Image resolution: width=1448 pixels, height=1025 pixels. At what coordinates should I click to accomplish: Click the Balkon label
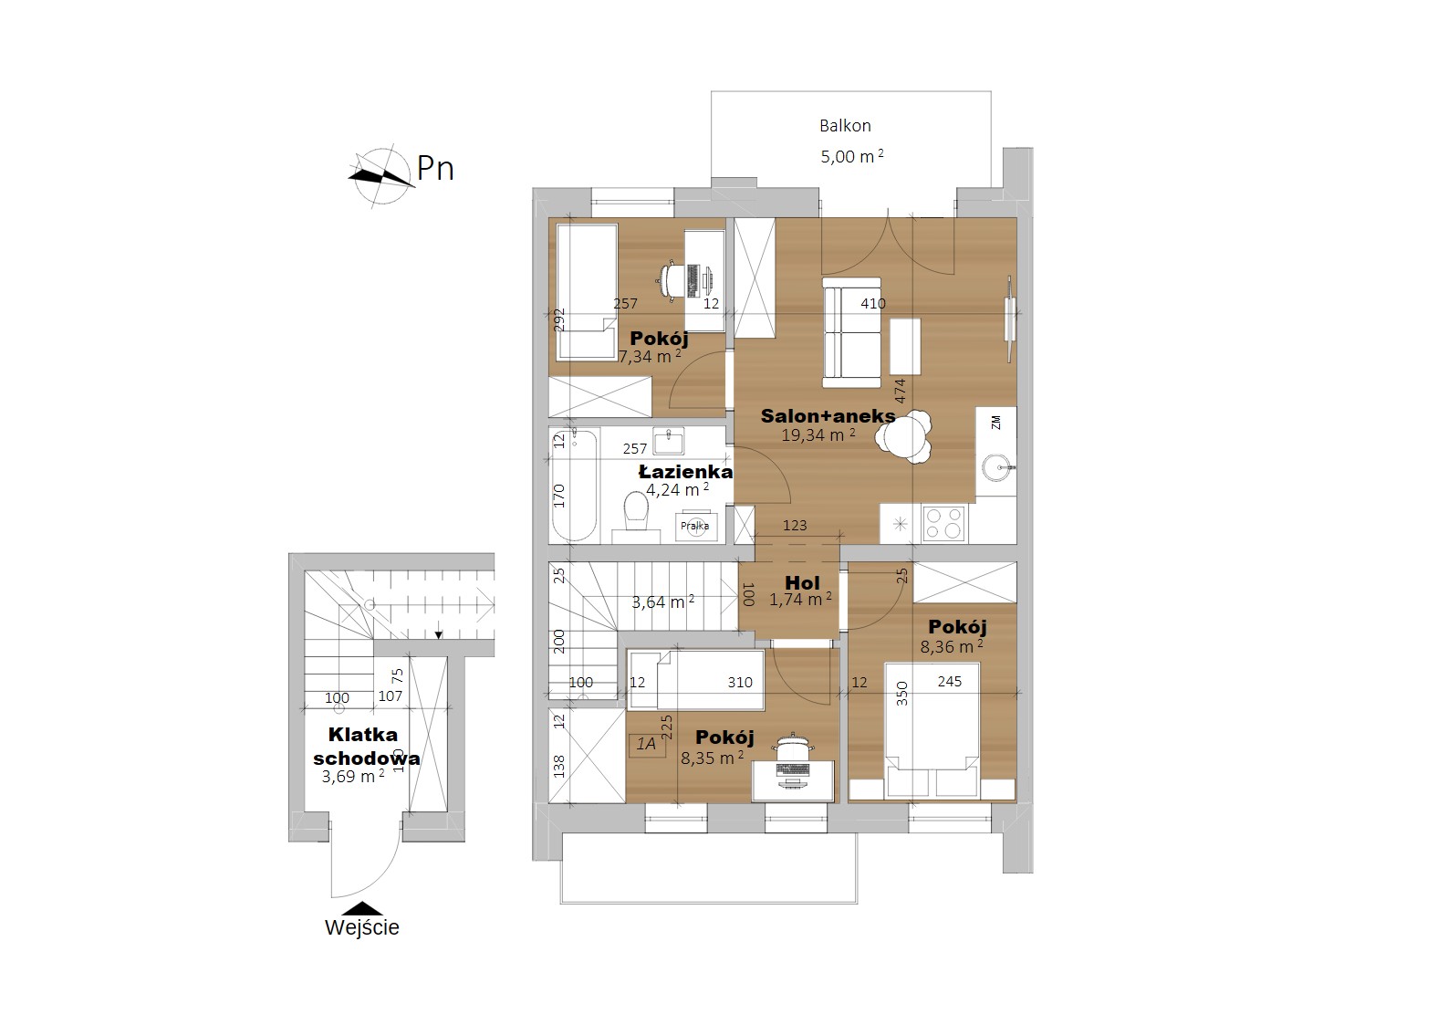[x=845, y=125]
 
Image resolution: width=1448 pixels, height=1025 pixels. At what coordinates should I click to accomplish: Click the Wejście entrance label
[x=362, y=927]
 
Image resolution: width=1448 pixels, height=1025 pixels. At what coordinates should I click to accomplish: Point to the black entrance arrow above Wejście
[x=362, y=908]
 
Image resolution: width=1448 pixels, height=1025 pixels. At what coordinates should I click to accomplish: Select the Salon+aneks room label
[x=828, y=415]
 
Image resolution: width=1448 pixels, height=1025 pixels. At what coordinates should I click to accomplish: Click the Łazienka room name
[x=686, y=472]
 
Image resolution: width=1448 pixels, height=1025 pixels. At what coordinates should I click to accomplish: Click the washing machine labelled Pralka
[x=695, y=526]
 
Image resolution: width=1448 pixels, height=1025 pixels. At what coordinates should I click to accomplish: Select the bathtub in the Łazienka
[x=573, y=485]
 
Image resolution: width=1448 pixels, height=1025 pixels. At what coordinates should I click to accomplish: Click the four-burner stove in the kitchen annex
[x=944, y=523]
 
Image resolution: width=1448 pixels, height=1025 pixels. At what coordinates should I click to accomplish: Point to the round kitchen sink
[x=996, y=467]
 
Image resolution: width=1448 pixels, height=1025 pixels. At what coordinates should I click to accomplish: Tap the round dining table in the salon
[x=902, y=437]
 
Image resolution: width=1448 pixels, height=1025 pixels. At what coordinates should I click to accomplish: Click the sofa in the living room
[x=851, y=332]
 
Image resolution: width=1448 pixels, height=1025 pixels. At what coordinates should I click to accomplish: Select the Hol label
[x=802, y=582]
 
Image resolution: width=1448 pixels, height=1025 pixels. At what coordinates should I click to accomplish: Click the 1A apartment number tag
[x=646, y=744]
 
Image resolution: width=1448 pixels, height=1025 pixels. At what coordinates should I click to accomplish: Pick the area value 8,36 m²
[x=952, y=646]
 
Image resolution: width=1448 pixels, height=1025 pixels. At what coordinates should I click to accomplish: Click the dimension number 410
[x=872, y=303]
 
